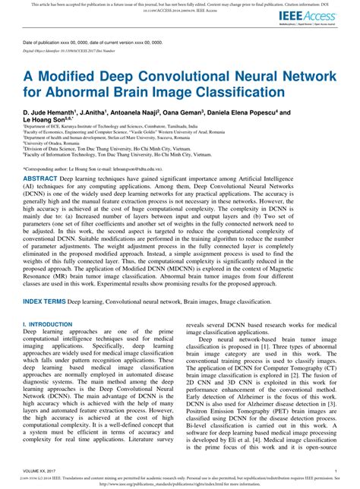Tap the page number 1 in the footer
coord(335,471)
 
